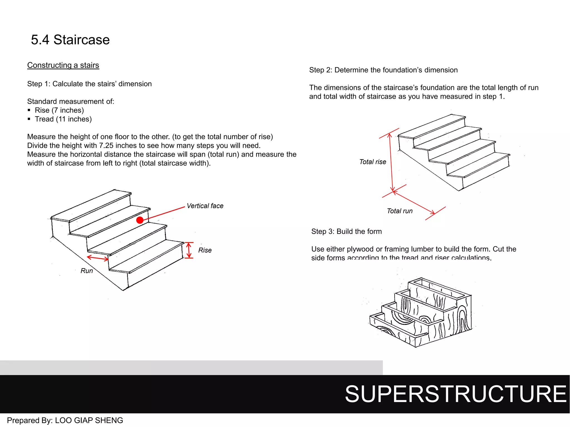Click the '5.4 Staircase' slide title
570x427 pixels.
[70, 40]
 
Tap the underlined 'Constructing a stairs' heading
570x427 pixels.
[63, 65]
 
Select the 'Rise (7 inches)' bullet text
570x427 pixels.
[59, 110]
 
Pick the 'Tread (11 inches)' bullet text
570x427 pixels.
[63, 119]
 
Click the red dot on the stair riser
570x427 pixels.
[140, 220]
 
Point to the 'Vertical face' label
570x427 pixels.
[205, 206]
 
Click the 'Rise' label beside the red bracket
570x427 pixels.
[205, 250]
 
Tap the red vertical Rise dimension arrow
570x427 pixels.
[189, 250]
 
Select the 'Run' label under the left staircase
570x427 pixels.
[87, 271]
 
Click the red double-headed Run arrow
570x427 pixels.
[98, 258]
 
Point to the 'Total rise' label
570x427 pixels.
[373, 162]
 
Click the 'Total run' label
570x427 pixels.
[400, 211]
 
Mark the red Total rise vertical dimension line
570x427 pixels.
[391, 163]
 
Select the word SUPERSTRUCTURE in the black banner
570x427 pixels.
[455, 394]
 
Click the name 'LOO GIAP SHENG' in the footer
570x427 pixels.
[89, 420]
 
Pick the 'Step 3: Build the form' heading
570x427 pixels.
[347, 232]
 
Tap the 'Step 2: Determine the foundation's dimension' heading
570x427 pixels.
[383, 70]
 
